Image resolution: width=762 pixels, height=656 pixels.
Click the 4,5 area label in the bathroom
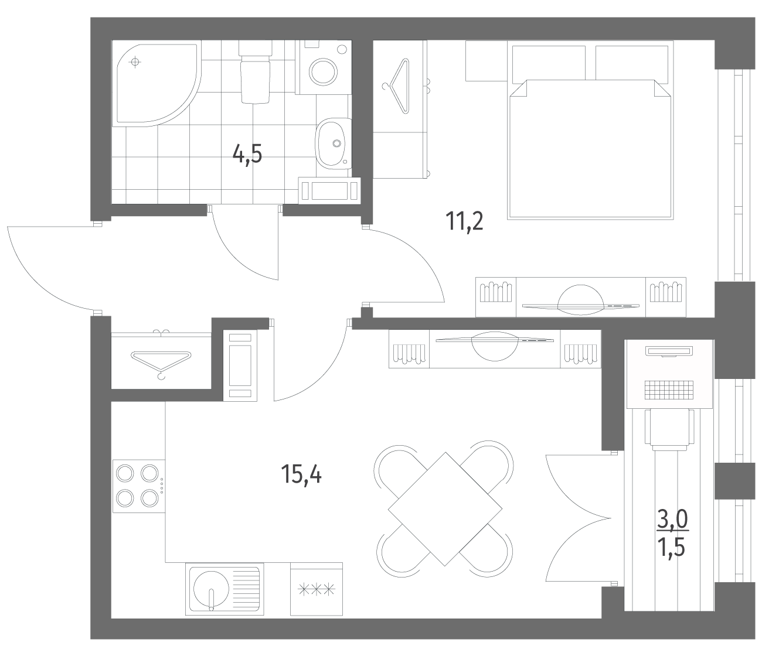click(x=247, y=154)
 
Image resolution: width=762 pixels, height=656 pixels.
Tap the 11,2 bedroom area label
click(x=464, y=221)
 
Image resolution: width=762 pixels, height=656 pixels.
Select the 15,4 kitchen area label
click(x=301, y=474)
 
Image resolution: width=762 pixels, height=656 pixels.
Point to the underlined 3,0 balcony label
click(x=673, y=520)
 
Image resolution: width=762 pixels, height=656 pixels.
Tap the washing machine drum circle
click(x=324, y=72)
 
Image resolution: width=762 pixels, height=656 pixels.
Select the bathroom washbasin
click(x=333, y=143)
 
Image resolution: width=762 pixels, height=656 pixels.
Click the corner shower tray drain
click(x=135, y=62)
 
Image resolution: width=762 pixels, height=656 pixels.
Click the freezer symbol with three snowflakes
click(x=317, y=590)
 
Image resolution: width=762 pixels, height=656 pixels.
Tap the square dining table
click(x=445, y=509)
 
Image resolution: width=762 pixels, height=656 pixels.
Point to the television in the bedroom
click(x=580, y=300)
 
